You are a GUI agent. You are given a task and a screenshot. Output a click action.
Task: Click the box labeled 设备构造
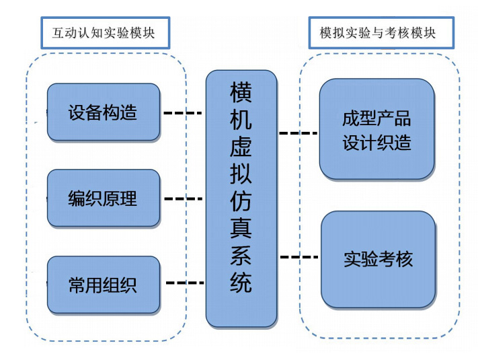click(x=103, y=112)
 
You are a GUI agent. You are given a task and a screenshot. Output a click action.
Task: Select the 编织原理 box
click(x=103, y=198)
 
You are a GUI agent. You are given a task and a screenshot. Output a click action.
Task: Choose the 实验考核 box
click(x=378, y=258)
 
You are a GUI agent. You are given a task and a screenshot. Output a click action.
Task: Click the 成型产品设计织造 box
click(x=376, y=131)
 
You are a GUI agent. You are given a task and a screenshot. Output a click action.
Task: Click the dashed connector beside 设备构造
click(x=183, y=113)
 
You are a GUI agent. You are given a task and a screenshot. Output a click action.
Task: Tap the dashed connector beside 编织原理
click(x=183, y=199)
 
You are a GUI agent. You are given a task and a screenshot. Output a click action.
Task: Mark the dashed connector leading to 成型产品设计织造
click(x=298, y=133)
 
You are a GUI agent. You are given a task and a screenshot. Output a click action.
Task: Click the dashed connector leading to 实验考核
click(x=298, y=256)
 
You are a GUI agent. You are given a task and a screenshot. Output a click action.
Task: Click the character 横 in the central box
click(x=241, y=92)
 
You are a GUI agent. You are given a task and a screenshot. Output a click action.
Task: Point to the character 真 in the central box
click(x=241, y=229)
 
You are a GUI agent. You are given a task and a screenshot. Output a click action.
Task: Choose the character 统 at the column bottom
click(x=241, y=284)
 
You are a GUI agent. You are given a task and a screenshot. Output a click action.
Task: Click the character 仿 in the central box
click(x=241, y=202)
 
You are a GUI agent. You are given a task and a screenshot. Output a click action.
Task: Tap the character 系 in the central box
click(x=241, y=257)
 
